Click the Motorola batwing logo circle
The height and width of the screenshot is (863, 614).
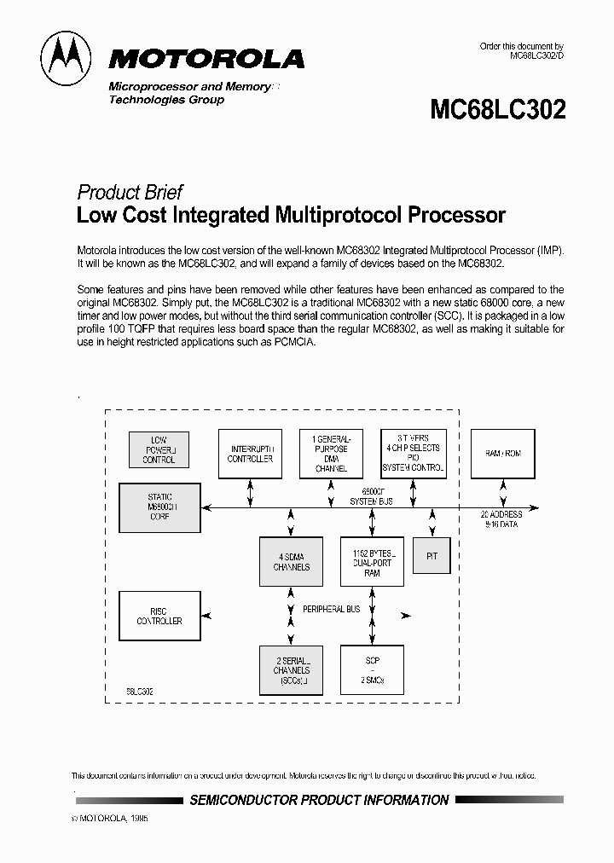(69, 57)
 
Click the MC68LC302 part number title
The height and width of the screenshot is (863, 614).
(498, 109)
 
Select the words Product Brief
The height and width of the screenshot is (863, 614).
(130, 192)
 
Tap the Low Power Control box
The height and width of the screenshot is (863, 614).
(159, 449)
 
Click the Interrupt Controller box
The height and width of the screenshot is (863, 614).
(250, 453)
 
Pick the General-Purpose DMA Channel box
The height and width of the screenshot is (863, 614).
(331, 453)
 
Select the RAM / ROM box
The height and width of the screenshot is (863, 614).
(503, 453)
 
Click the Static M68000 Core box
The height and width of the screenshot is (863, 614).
(159, 507)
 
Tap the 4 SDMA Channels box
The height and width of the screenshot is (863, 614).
(291, 561)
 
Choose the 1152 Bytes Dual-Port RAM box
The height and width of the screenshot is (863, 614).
(372, 561)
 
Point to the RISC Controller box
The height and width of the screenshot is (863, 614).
(159, 616)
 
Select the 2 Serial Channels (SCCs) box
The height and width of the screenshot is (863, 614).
(291, 670)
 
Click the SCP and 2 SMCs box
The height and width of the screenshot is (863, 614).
(372, 670)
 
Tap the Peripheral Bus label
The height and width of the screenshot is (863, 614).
(332, 609)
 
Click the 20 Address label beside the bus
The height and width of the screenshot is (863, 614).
(501, 514)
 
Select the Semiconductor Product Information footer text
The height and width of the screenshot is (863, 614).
(319, 800)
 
